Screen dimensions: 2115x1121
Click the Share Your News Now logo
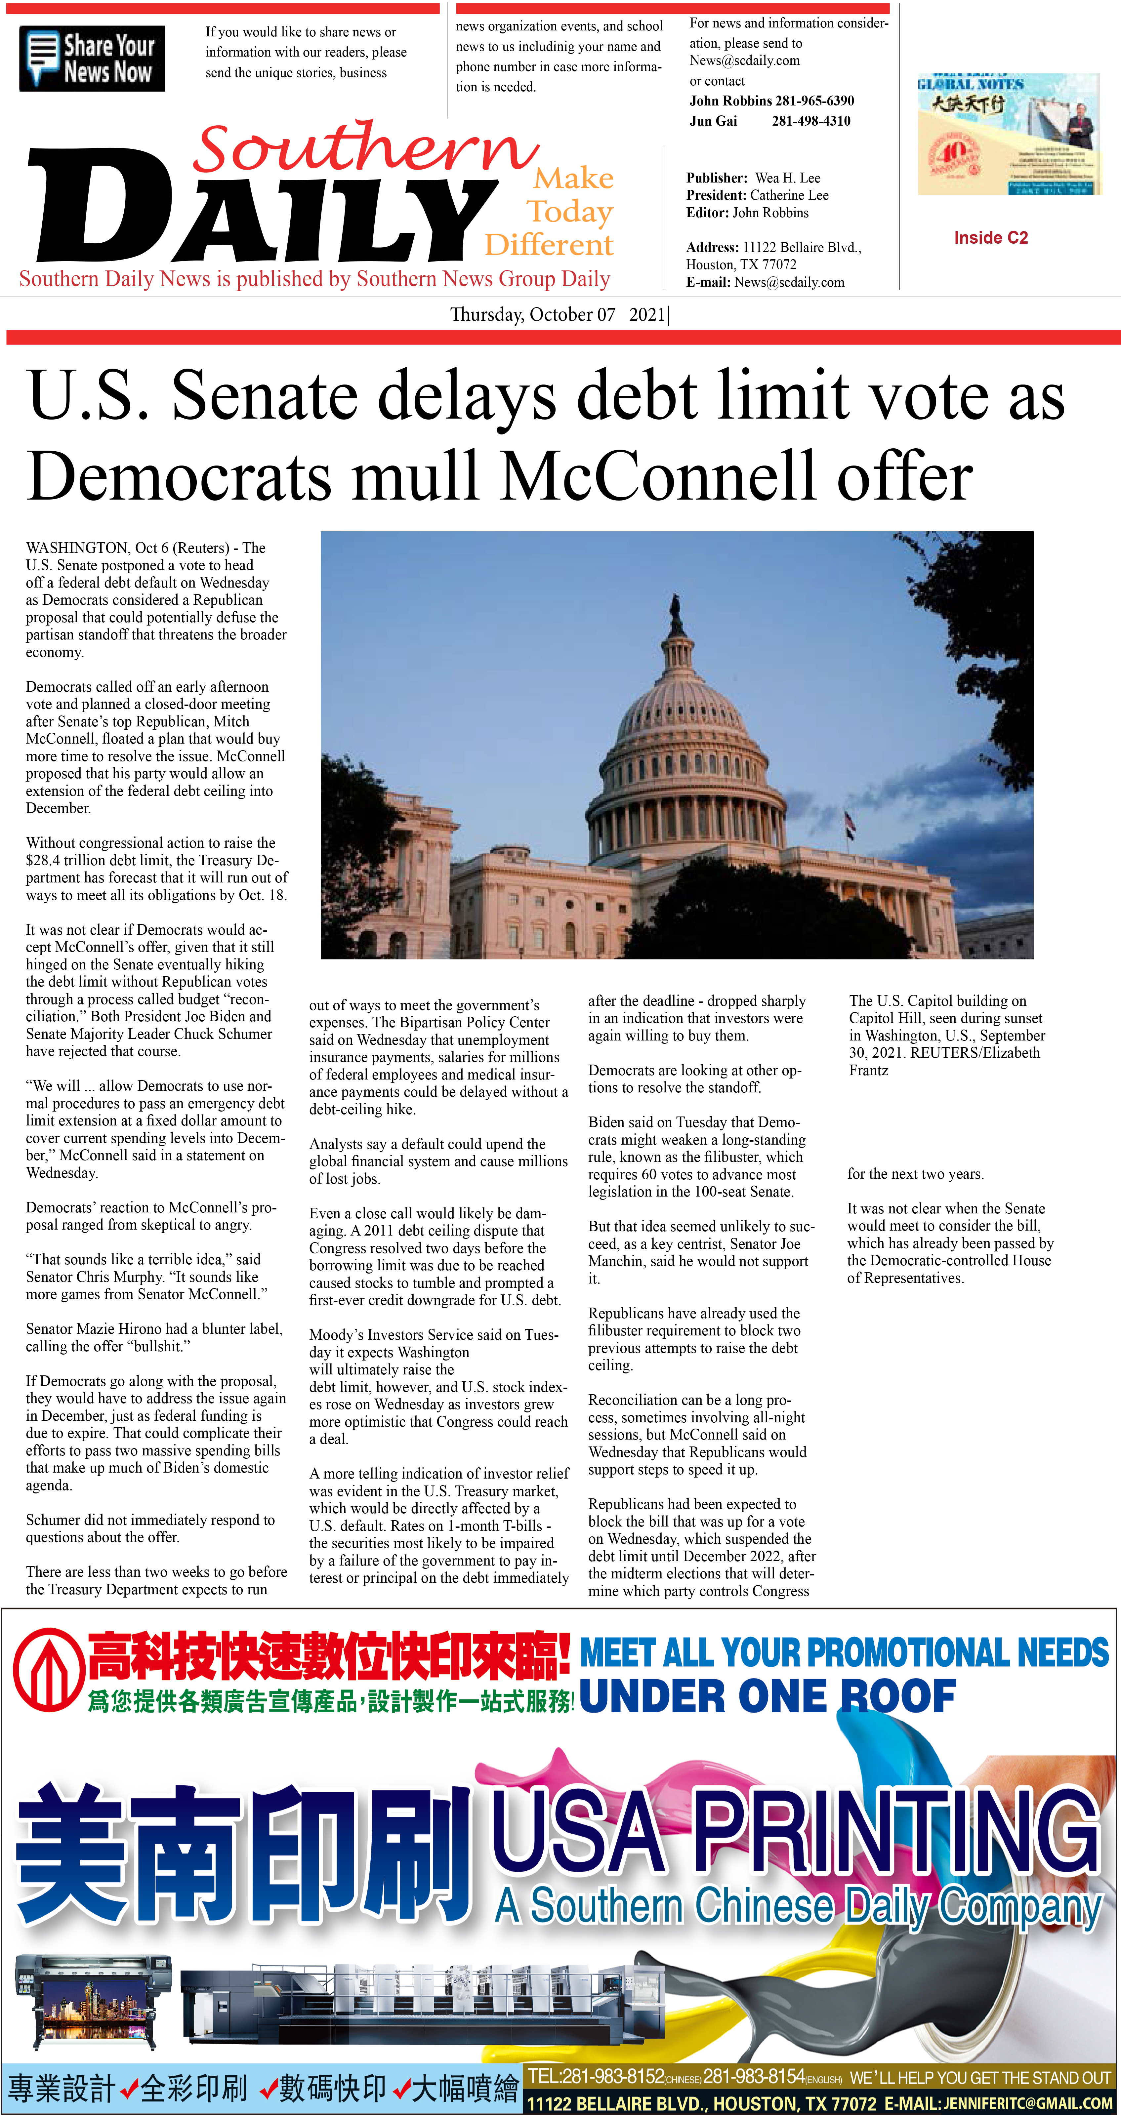pyautogui.click(x=91, y=58)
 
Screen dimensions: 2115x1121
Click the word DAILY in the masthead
pyautogui.click(x=263, y=205)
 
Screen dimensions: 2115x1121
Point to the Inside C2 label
pyautogui.click(x=990, y=238)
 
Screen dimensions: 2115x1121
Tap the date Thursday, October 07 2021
pyautogui.click(x=559, y=314)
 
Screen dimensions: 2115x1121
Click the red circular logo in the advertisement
pyautogui.click(x=48, y=1668)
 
